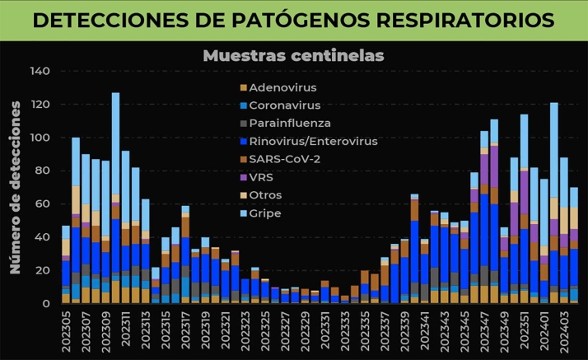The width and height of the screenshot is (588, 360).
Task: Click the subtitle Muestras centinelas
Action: [293, 55]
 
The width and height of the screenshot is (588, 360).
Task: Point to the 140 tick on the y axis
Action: [40, 72]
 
